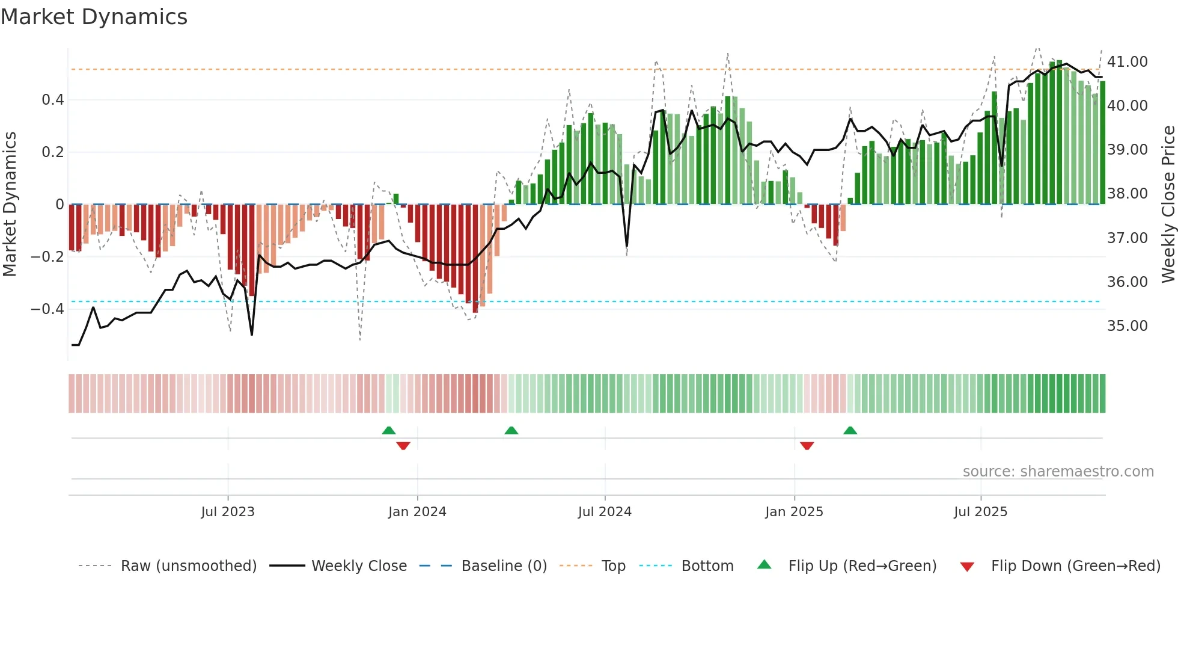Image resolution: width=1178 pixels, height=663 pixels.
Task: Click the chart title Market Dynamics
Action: pos(94,17)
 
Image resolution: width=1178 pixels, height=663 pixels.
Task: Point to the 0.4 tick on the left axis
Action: pos(53,100)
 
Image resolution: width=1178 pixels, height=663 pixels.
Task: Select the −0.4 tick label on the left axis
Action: pos(47,309)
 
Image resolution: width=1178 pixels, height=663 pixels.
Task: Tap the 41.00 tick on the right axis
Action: pos(1127,62)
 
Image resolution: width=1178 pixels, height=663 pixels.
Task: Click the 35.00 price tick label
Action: pos(1127,326)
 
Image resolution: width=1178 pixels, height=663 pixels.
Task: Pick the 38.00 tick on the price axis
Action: pos(1127,194)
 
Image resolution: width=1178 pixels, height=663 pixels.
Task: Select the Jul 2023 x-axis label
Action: pos(228,512)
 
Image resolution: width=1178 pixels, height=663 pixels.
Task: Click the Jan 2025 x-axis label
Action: pos(794,512)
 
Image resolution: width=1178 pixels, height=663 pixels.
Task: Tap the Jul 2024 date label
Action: pos(605,512)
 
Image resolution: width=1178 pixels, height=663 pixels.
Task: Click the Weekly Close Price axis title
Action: pos(1168,205)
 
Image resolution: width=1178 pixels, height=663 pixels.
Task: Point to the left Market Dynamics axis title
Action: pos(10,205)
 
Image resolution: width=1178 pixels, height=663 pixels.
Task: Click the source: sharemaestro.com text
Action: pos(1058,472)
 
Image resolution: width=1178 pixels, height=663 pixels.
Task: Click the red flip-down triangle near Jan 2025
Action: pos(807,446)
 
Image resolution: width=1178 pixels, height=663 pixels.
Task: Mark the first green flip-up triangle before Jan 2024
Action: pos(389,430)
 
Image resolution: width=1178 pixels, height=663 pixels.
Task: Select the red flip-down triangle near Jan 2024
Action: pos(403,446)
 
